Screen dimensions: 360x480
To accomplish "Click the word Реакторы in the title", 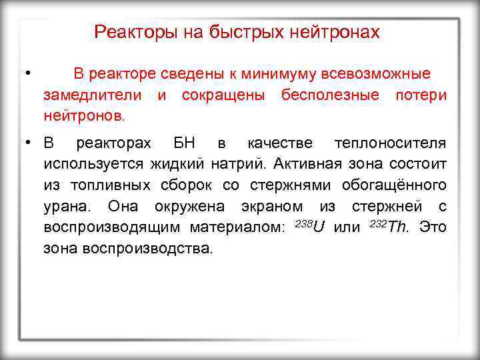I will (128, 32).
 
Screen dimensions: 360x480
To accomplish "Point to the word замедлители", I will (93, 95).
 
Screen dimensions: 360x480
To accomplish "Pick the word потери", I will (421, 95).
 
